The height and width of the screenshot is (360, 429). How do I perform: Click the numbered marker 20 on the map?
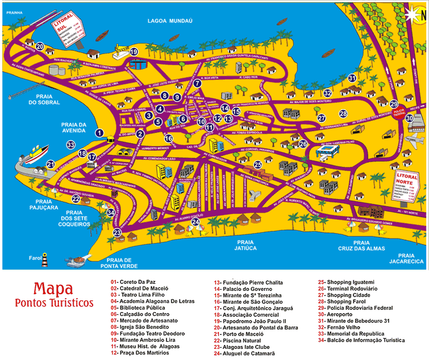click(40, 47)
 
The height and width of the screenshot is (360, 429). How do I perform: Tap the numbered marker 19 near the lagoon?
click(134, 52)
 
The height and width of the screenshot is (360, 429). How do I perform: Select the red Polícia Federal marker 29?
click(394, 104)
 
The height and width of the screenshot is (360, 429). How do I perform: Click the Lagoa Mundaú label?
click(169, 21)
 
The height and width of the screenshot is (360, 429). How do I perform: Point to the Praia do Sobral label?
click(40, 99)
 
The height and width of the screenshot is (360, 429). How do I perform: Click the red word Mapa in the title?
click(53, 289)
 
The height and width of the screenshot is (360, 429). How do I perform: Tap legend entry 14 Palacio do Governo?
click(243, 289)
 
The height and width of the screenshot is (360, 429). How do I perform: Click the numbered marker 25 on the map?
click(257, 165)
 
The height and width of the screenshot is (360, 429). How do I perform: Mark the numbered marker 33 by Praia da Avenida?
click(71, 145)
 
